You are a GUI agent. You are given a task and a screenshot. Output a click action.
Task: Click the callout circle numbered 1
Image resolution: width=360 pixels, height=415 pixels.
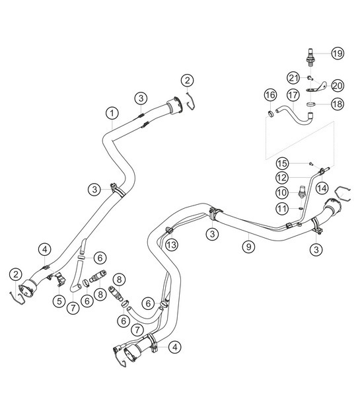[113, 113]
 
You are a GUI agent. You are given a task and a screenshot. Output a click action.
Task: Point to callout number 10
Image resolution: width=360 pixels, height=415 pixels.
[281, 192]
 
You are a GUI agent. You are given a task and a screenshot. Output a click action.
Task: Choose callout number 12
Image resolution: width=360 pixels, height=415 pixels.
[281, 178]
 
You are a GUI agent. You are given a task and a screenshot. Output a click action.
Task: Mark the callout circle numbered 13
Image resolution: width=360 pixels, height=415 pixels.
[171, 245]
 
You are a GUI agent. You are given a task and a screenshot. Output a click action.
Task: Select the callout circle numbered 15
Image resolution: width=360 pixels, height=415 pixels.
[281, 163]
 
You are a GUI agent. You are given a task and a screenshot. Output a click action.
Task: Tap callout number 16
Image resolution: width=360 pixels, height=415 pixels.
[270, 96]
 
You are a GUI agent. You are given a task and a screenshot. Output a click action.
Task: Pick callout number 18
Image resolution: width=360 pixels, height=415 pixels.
[338, 104]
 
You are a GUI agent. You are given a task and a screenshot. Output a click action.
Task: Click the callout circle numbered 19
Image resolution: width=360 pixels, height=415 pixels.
[338, 54]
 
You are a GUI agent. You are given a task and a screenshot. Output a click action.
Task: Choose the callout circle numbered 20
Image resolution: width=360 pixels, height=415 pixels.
[338, 85]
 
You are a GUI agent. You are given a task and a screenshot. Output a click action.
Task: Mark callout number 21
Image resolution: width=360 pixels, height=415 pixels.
[293, 77]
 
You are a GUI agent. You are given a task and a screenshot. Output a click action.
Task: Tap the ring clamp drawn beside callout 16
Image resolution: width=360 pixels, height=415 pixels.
[270, 116]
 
